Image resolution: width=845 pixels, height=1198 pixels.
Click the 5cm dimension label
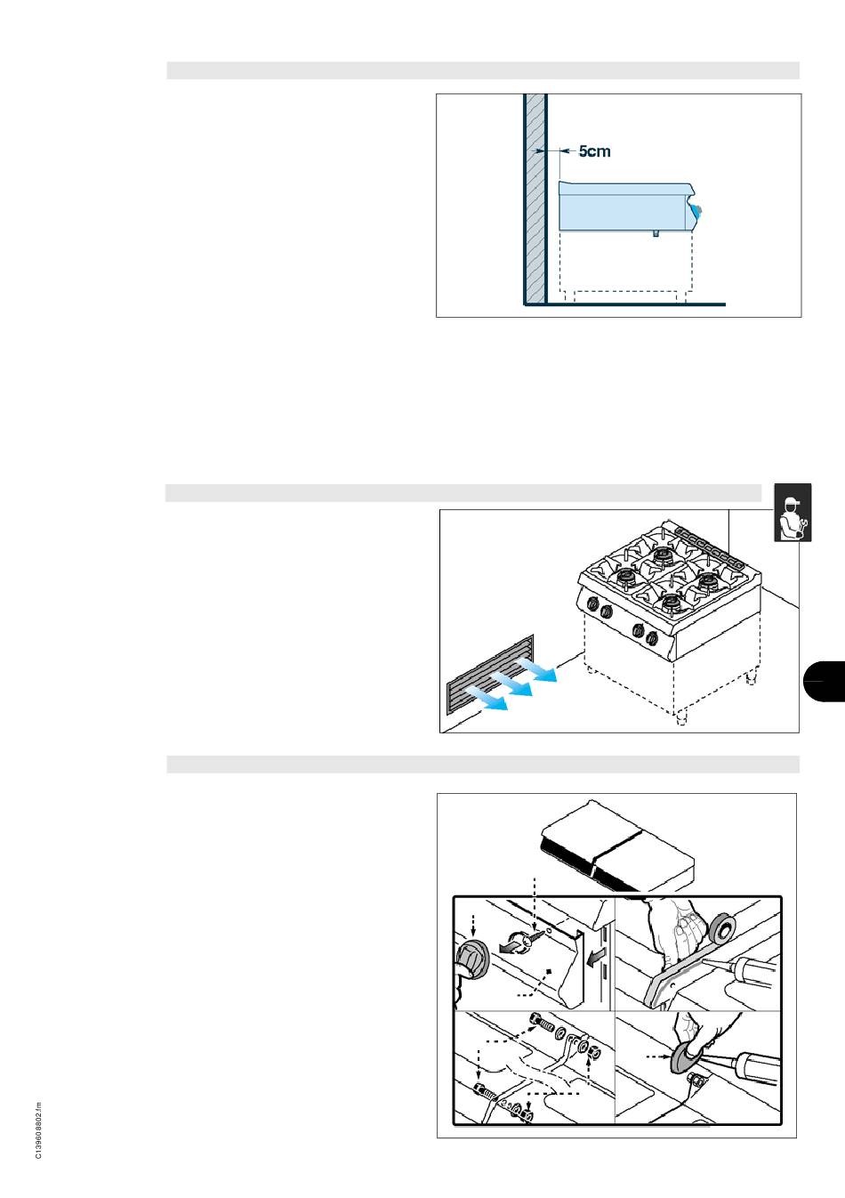pyautogui.click(x=594, y=151)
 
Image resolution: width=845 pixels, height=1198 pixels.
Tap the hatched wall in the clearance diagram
pyautogui.click(x=535, y=198)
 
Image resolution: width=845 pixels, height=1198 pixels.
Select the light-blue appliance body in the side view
pyautogui.click(x=626, y=206)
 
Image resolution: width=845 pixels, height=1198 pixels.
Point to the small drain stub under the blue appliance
pyautogui.click(x=656, y=233)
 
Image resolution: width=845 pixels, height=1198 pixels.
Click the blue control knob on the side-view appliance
pyautogui.click(x=696, y=210)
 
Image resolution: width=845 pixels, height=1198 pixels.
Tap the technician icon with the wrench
pyautogui.click(x=793, y=513)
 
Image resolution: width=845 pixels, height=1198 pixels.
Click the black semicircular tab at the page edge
pyautogui.click(x=825, y=681)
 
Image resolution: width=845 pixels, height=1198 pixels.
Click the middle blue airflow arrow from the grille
pyautogui.click(x=511, y=684)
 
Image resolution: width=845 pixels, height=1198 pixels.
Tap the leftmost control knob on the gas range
pyautogui.click(x=593, y=603)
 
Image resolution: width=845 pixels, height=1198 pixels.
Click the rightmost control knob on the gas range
pyautogui.click(x=651, y=638)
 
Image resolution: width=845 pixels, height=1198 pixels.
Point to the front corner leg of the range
pyautogui.click(x=681, y=718)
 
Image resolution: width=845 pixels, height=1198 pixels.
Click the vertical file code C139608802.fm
pyautogui.click(x=38, y=1130)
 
